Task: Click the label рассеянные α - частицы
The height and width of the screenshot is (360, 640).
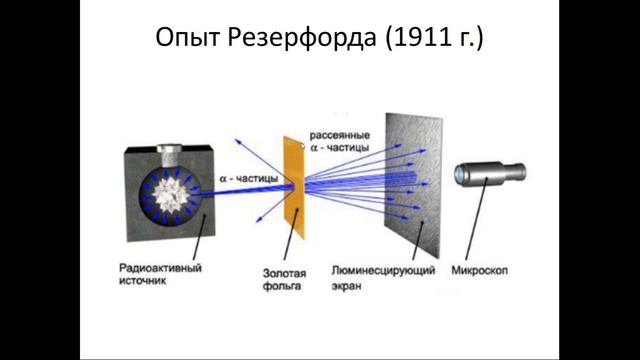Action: pos(339,141)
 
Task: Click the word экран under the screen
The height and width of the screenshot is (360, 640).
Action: pos(346,284)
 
